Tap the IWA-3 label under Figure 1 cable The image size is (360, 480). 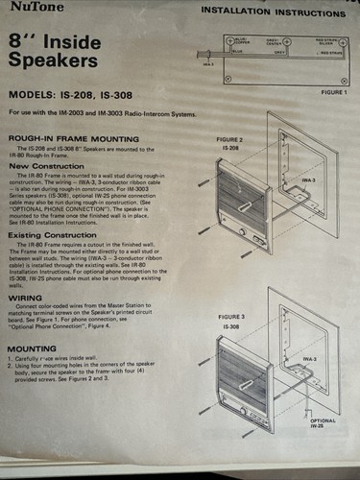tap(209, 65)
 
